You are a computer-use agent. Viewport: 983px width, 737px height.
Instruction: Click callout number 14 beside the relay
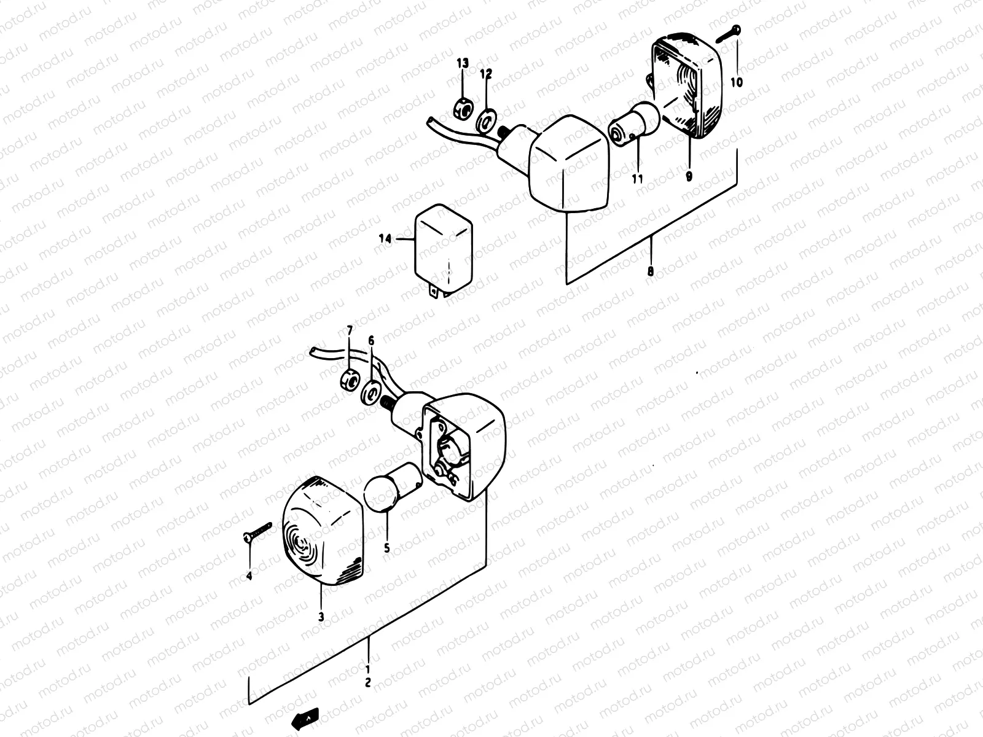(385, 240)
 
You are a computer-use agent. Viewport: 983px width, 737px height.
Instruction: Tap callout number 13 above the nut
(462, 63)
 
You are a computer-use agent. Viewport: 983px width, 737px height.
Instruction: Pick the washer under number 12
(487, 120)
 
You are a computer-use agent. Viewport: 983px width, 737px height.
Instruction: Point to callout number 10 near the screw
(736, 80)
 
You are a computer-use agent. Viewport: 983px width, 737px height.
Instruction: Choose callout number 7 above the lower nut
(350, 332)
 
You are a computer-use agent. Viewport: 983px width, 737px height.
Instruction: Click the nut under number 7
(348, 380)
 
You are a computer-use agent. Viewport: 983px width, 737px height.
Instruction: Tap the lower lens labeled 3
(322, 533)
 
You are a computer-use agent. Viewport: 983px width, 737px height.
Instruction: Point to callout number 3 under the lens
(321, 617)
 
